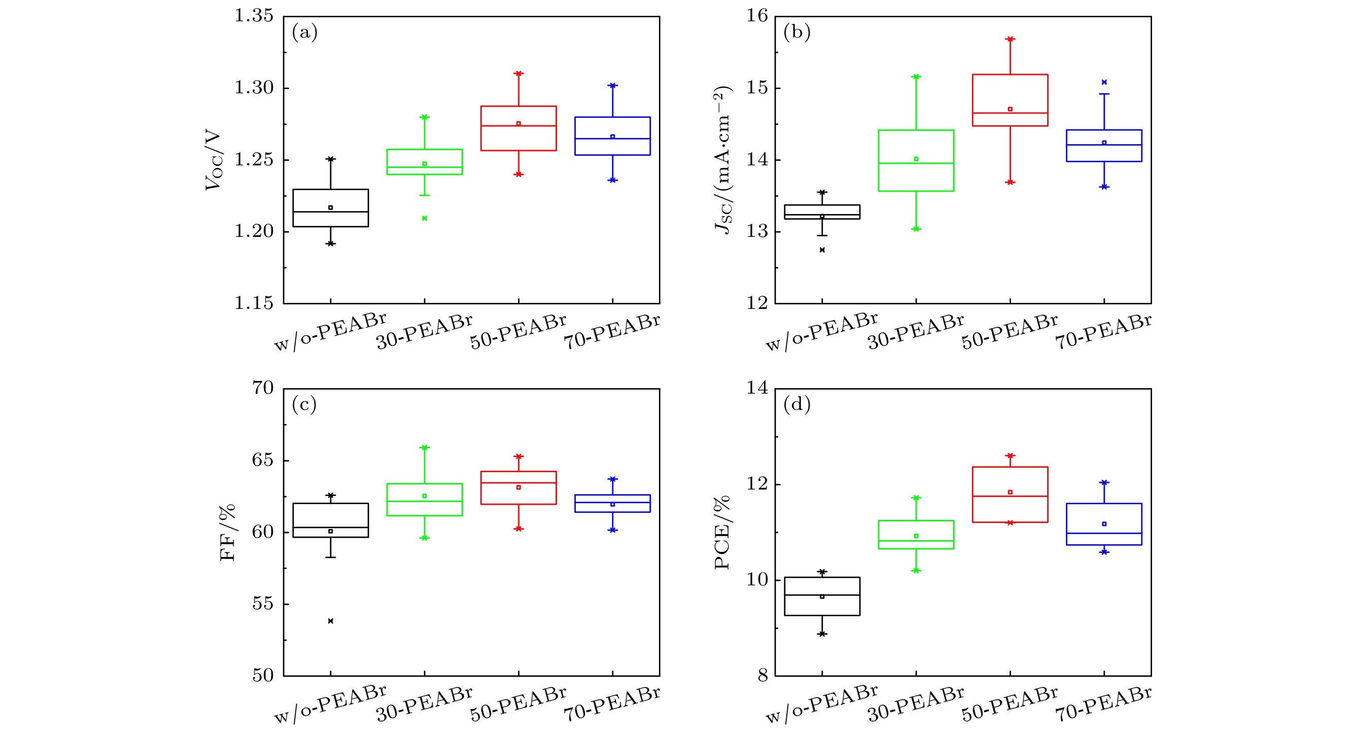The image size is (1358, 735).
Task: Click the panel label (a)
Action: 305,32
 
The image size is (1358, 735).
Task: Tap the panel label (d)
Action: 796,404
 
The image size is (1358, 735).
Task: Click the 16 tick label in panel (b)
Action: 756,16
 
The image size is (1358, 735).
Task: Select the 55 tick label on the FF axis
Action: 263,604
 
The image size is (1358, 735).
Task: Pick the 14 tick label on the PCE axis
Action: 756,389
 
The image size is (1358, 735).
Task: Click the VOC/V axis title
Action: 214,160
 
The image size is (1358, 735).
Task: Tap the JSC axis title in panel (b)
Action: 723,160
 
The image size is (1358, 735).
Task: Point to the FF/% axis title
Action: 227,533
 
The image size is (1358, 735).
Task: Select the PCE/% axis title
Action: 722,533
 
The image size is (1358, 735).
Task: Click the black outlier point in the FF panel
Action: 331,621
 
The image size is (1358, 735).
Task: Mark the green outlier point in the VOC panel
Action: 425,218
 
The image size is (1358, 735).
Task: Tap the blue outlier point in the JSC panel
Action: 1104,82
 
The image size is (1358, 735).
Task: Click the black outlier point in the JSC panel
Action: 822,250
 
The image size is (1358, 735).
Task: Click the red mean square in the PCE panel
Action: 1010,492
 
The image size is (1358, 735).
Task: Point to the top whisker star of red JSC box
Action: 1010,39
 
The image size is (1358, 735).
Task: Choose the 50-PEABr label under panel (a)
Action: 518,332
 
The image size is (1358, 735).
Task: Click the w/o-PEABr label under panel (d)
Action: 821,704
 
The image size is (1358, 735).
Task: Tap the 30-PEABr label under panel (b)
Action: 916,332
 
